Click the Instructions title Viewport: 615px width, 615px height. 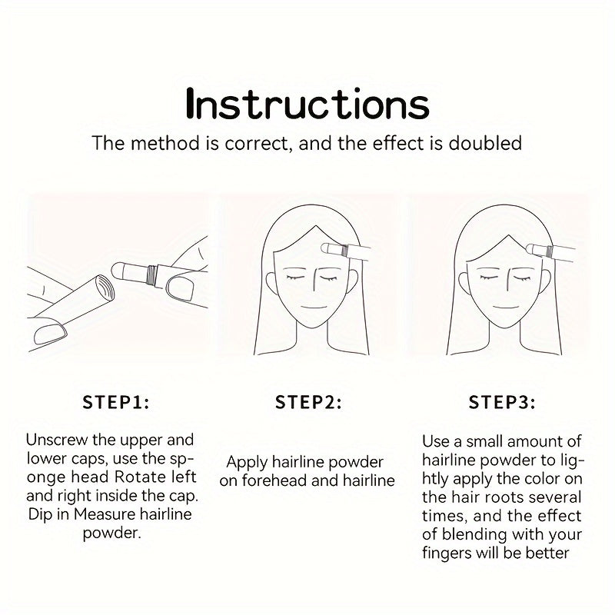tap(307, 104)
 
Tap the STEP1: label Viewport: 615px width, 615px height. tap(116, 402)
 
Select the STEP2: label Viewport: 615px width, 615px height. tap(308, 402)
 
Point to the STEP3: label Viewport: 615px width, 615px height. tap(502, 402)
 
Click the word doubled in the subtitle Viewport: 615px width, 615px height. tap(485, 143)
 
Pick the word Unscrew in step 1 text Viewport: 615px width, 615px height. tap(56, 440)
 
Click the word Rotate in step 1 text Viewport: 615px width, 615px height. tap(140, 477)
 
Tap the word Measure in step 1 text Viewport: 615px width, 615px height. tap(105, 514)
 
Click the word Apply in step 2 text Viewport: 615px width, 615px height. tap(247, 463)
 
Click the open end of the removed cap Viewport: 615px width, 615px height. tap(105, 288)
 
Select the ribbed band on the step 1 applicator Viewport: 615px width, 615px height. tap(151, 275)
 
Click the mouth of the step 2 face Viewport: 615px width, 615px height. tap(314, 307)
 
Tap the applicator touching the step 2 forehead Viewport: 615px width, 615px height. tap(344, 251)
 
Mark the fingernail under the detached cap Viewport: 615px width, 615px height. tap(51, 334)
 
